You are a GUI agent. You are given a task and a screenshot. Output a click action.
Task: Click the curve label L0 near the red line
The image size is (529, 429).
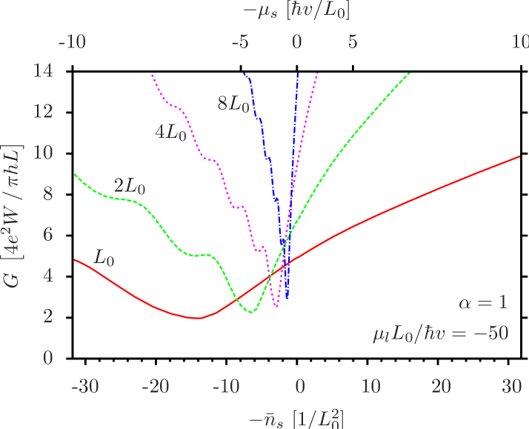(x=104, y=258)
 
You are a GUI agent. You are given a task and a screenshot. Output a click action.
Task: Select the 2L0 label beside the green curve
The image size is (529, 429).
(x=129, y=186)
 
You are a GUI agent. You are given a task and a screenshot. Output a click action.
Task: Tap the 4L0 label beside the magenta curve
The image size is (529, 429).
(x=170, y=133)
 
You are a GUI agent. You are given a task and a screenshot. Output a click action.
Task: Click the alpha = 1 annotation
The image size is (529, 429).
(x=483, y=302)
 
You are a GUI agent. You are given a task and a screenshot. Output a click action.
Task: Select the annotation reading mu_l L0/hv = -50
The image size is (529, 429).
(x=440, y=333)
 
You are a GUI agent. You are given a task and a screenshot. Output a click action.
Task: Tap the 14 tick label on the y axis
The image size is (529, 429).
(x=44, y=70)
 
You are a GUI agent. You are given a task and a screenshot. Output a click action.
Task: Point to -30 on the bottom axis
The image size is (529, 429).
(x=86, y=387)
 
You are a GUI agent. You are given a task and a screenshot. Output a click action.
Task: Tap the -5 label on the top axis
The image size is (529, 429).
(x=240, y=42)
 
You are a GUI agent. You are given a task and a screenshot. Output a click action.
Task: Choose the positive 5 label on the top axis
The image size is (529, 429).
(x=353, y=42)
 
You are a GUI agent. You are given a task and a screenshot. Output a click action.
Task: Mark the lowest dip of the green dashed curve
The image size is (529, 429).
(x=251, y=312)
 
